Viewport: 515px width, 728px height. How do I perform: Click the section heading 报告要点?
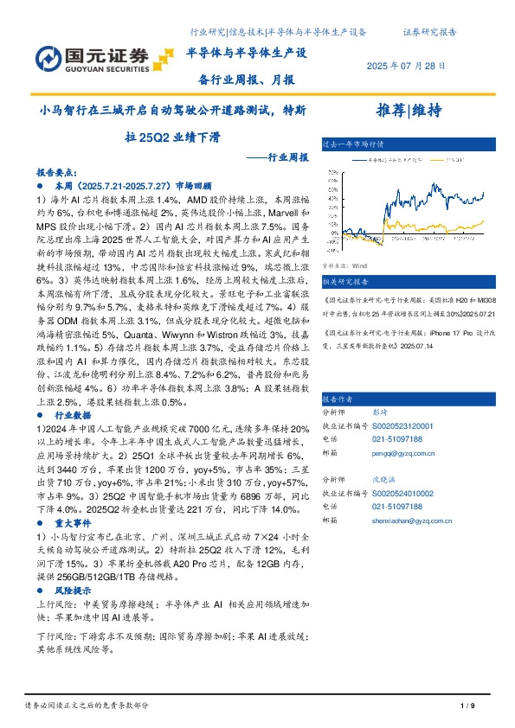point(57,172)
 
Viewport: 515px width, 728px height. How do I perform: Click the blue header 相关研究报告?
point(345,282)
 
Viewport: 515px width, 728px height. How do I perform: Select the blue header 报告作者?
point(339,399)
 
